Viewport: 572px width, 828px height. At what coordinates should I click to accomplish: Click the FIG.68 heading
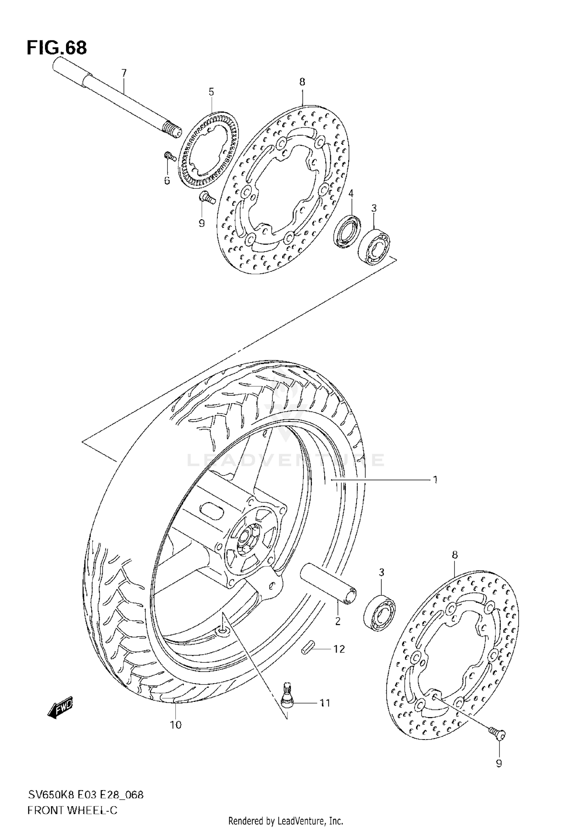click(x=56, y=48)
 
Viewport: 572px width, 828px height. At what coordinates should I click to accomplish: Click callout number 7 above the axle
click(x=123, y=73)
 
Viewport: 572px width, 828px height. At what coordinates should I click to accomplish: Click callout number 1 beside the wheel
click(x=435, y=480)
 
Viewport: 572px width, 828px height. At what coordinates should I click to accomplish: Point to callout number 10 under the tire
click(x=176, y=725)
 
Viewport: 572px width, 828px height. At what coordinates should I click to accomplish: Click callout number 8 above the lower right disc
click(x=455, y=555)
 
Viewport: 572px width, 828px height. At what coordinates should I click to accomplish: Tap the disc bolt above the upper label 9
click(x=207, y=198)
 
